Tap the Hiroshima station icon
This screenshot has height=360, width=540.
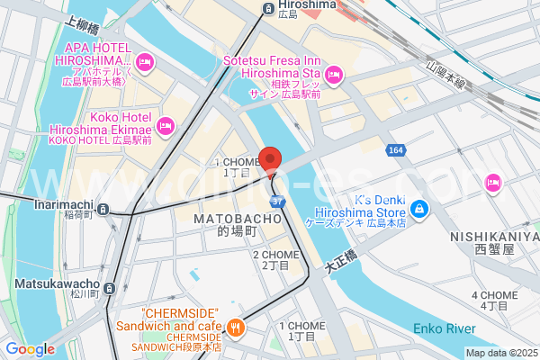click(x=268, y=9)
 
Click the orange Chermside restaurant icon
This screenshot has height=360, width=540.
click(x=235, y=328)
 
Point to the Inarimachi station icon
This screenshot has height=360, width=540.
click(x=104, y=210)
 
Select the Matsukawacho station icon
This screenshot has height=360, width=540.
click(x=110, y=288)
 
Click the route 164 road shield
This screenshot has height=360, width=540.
click(x=396, y=149)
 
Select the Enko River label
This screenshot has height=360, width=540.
click(x=444, y=328)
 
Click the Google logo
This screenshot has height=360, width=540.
click(x=30, y=349)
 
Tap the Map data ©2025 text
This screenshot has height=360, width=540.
click(x=500, y=353)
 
